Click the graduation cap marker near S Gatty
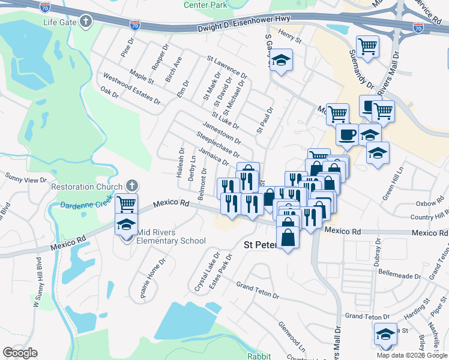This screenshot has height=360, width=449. (280, 60)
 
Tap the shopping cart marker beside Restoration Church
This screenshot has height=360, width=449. (126, 203)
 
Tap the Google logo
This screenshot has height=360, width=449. (20, 353)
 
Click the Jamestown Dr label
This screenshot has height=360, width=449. (221, 133)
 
